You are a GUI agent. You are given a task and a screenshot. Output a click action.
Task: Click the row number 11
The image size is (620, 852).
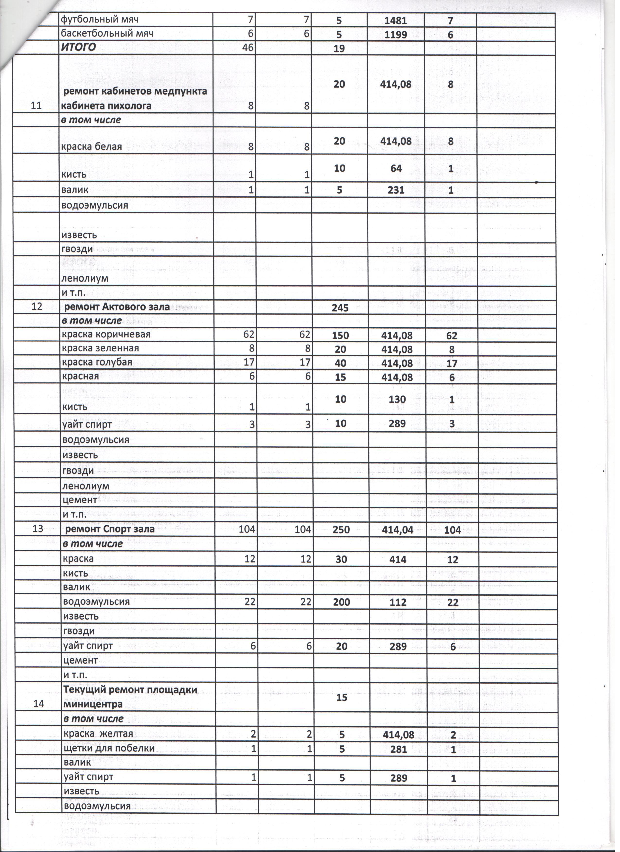(36, 105)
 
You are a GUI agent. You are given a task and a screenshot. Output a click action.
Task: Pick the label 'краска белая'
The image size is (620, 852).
(92, 147)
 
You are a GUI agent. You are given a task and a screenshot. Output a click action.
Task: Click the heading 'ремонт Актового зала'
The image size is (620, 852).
(117, 307)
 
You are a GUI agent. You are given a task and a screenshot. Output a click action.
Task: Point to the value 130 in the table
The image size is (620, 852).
(397, 400)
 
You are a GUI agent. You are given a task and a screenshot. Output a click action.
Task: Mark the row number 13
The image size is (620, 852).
(38, 529)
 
